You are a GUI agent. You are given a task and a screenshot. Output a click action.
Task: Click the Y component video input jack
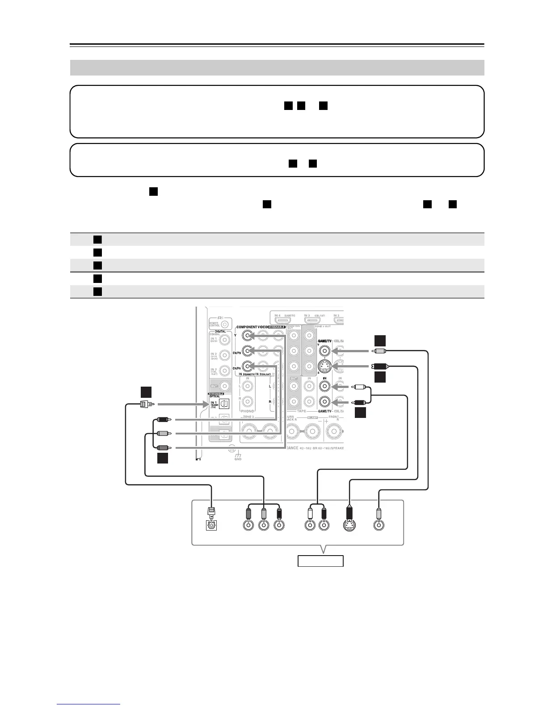(247, 335)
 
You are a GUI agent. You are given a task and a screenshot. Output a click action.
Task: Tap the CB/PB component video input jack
(247, 350)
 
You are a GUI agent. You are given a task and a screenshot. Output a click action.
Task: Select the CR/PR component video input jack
(247, 366)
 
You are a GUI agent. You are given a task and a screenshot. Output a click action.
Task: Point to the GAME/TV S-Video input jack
(325, 366)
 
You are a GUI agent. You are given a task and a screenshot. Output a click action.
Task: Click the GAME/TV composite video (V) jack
(325, 350)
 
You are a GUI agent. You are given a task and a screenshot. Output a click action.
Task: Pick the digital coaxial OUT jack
(225, 385)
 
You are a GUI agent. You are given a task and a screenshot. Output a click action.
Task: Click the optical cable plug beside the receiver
(146, 404)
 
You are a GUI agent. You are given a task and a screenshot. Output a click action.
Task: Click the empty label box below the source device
(320, 560)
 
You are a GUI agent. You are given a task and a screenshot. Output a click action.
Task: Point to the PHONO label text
(248, 411)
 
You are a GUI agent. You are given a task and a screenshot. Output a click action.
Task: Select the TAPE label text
(302, 411)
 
